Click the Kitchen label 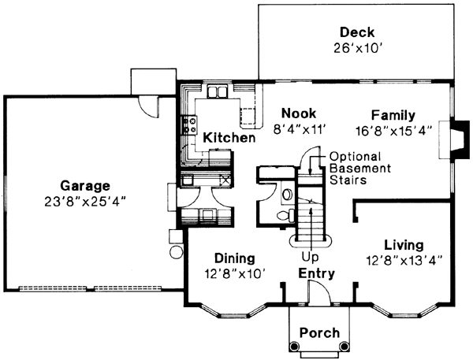coord(229,139)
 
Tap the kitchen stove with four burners coord(189,123)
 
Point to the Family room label coord(393,116)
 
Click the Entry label coord(316,273)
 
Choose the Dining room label coord(233,258)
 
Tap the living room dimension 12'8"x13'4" coord(404,258)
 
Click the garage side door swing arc coord(147,104)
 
